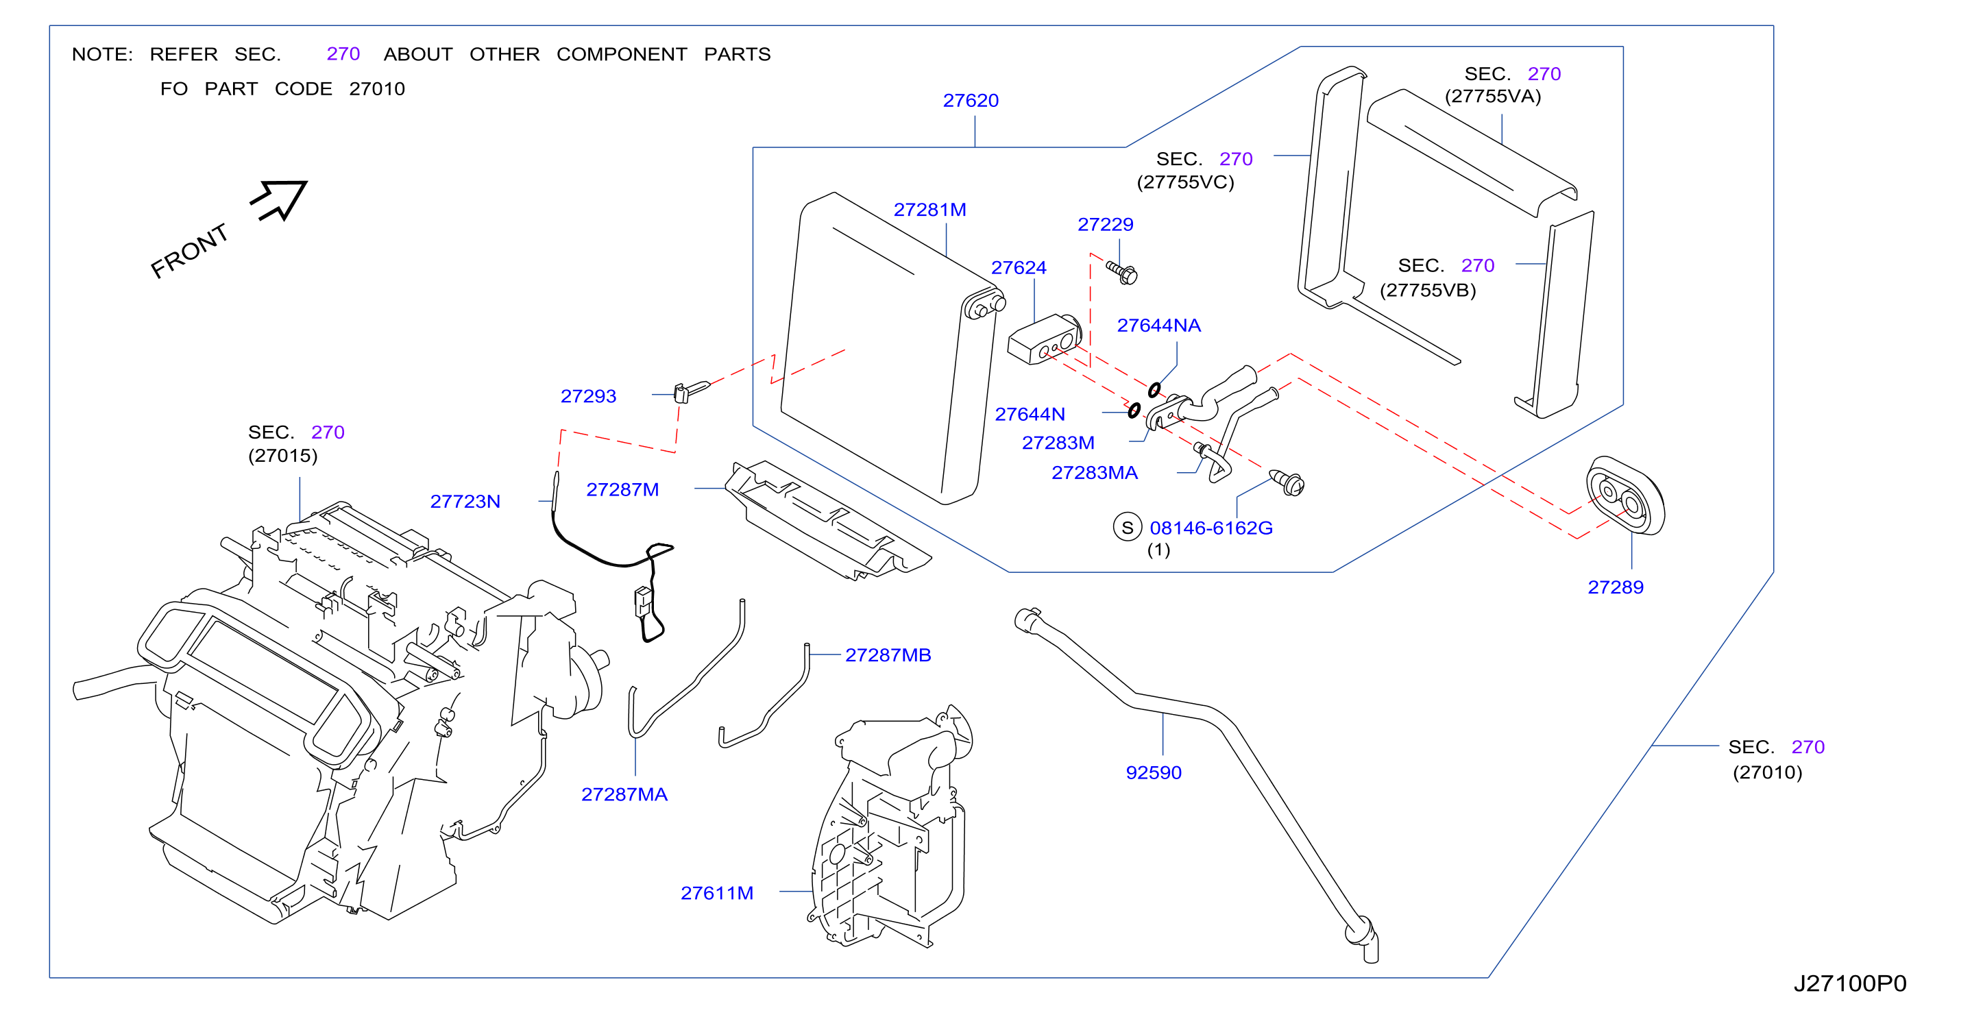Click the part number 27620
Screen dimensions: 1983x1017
coord(970,101)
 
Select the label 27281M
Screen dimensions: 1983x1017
coord(929,210)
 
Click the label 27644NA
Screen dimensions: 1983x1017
coord(1158,326)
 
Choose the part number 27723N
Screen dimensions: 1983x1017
coord(465,502)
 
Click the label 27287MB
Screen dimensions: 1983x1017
coord(888,655)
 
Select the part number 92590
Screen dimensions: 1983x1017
coord(1153,773)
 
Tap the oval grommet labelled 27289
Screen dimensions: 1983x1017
coord(1625,495)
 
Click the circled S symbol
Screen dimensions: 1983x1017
coord(1127,528)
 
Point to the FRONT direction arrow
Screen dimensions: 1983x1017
coord(280,199)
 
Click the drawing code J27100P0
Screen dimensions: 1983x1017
coord(1850,983)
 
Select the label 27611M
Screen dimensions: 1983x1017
coord(717,893)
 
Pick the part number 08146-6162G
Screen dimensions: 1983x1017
coord(1211,528)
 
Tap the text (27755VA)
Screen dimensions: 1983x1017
coord(1493,96)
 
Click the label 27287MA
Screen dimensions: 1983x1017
coord(624,794)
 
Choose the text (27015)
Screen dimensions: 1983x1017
coord(282,456)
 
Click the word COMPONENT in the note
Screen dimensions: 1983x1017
coord(621,55)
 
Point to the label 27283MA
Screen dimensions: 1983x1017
coord(1094,473)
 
